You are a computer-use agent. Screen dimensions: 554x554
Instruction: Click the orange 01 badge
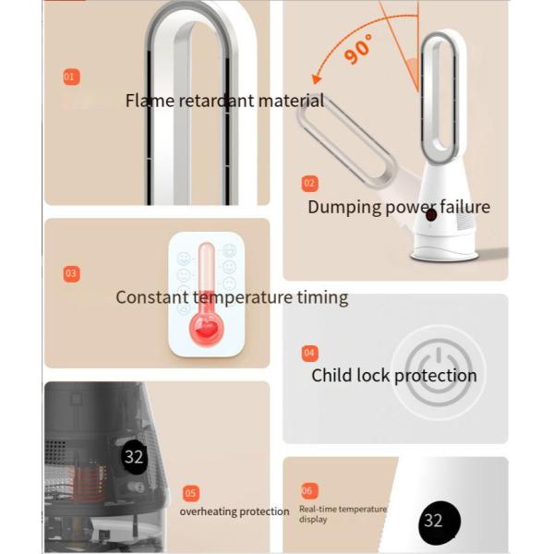[71, 77]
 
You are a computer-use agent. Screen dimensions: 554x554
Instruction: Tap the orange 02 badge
[309, 184]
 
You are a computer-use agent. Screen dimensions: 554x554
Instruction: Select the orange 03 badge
[71, 274]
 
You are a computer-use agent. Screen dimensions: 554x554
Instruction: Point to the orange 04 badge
[309, 353]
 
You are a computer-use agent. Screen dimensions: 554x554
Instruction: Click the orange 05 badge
[191, 493]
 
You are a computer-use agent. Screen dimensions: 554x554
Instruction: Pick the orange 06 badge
[308, 491]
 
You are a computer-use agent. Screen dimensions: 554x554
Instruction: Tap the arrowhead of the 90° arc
[316, 79]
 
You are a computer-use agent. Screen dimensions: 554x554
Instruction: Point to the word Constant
[152, 297]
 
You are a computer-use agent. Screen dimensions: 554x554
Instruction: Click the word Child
[331, 375]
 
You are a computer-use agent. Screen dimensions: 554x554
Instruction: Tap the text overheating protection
[235, 512]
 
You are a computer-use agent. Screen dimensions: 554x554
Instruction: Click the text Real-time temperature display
[343, 514]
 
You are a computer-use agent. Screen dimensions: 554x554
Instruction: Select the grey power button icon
[439, 373]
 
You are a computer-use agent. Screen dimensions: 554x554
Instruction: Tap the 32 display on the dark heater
[134, 457]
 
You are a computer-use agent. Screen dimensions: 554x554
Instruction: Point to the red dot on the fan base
[431, 214]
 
